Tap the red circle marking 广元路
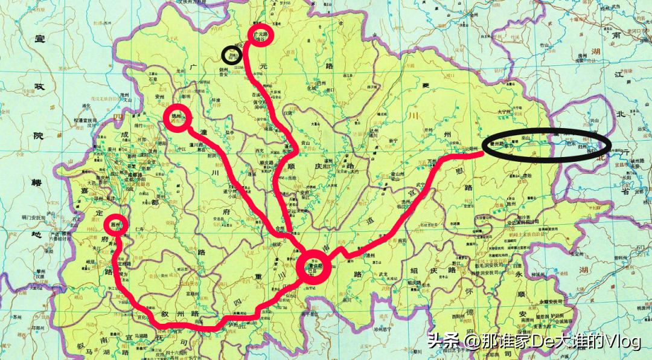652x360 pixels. (262, 35)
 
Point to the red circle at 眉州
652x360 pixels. (118, 225)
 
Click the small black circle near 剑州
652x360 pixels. (230, 56)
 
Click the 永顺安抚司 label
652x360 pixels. (548, 300)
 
